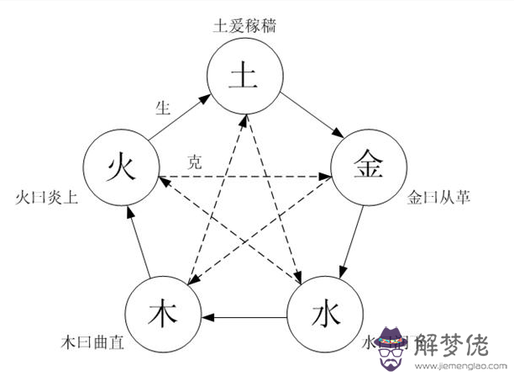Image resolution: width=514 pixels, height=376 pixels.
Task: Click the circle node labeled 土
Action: pos(243,78)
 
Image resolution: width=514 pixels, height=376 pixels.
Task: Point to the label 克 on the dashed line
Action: pos(194,163)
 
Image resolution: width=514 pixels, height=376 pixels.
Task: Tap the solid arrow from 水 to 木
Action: pos(244,318)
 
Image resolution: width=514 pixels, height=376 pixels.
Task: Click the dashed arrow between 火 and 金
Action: pos(244,177)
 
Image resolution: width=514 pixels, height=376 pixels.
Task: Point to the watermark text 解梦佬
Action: pos(459,343)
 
